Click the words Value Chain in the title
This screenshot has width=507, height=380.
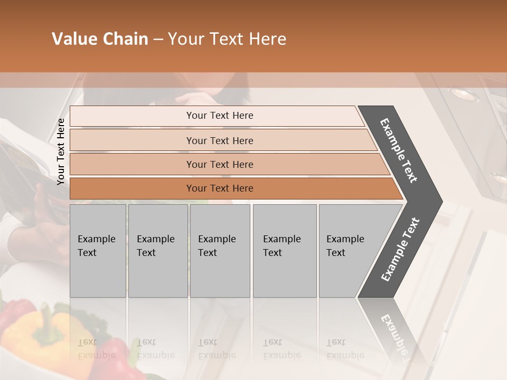[100, 39]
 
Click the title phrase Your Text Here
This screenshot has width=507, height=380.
[227, 39]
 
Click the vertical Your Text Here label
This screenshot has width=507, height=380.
[61, 151]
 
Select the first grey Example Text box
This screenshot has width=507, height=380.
[98, 251]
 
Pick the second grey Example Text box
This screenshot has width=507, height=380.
[157, 251]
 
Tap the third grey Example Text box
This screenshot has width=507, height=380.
[220, 251]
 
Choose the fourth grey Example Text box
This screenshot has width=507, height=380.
[284, 251]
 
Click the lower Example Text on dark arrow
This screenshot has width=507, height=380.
[400, 250]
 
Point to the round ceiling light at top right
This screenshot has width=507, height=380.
[464, 94]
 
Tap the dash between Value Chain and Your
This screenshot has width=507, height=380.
[158, 40]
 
